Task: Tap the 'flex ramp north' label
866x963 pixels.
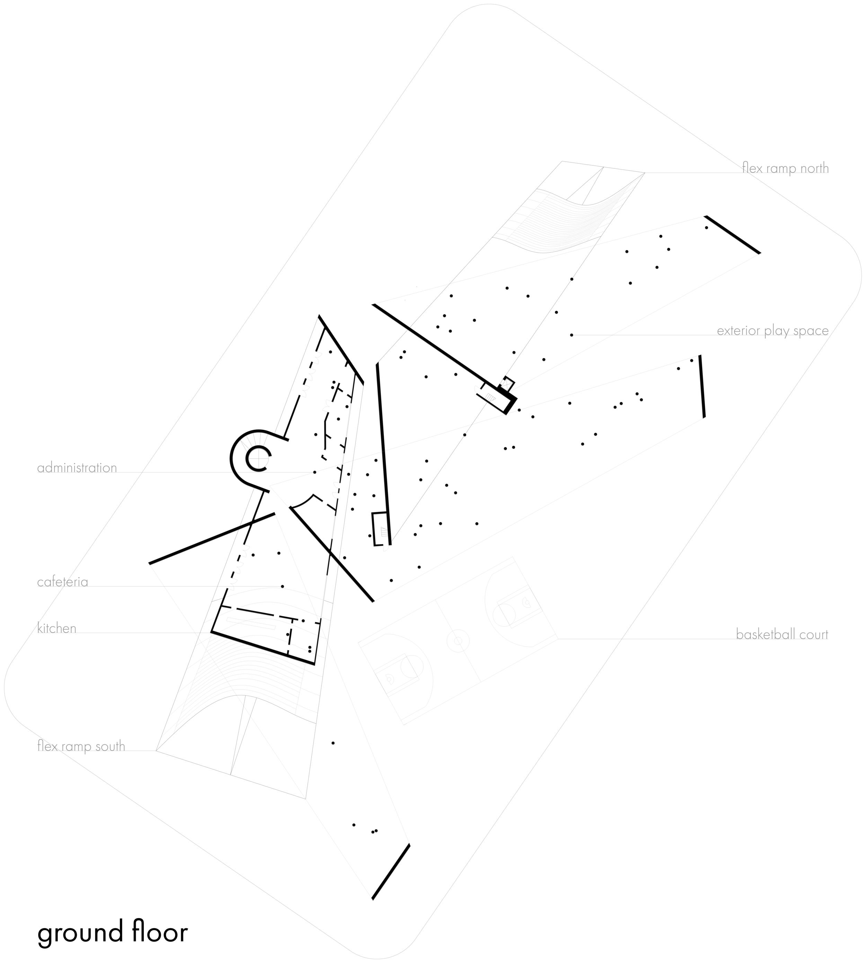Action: (785, 168)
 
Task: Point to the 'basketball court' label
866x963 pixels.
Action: (782, 634)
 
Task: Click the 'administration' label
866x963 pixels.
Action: (77, 468)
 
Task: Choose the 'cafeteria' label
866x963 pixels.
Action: (63, 582)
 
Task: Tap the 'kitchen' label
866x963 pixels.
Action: (56, 628)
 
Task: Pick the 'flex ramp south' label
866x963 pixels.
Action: (81, 746)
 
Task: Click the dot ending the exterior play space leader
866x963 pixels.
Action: (572, 335)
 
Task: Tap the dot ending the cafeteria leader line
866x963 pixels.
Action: (282, 586)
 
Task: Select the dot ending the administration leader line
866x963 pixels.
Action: (314, 472)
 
